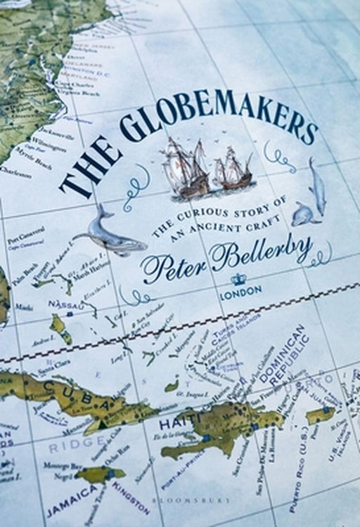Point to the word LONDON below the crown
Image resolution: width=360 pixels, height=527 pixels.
click(x=240, y=288)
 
